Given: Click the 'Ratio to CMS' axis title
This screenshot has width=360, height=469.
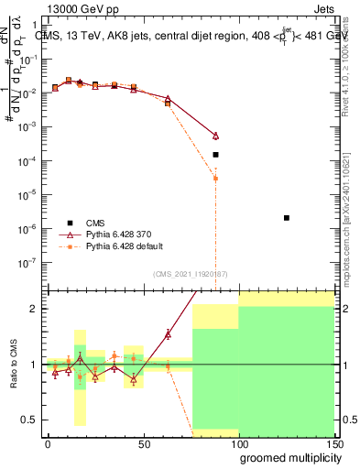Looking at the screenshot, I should click(x=12, y=365).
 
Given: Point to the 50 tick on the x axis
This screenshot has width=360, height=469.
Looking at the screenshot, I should click(x=144, y=442).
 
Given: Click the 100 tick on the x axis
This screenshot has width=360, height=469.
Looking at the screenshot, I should click(x=239, y=442).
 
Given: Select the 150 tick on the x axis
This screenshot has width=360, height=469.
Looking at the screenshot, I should click(x=333, y=442).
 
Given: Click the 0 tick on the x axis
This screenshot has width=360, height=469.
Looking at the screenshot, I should click(x=48, y=442).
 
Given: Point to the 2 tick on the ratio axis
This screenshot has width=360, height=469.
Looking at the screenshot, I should click(x=35, y=309).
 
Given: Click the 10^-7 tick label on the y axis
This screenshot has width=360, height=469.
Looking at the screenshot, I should click(x=28, y=262).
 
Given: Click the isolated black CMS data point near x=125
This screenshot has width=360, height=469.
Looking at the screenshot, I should click(x=287, y=218).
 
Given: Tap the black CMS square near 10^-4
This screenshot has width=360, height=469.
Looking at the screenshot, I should click(x=215, y=155).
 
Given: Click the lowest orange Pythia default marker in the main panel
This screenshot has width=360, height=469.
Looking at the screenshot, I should click(x=215, y=178).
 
